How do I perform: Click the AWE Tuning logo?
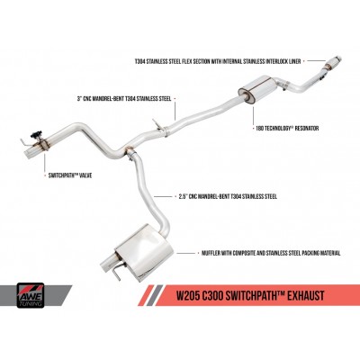point(31,295)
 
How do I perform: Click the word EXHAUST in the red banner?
point(304,295)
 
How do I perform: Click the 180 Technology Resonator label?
point(285,129)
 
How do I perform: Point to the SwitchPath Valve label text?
point(70,175)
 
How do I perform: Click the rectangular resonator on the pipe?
point(257,86)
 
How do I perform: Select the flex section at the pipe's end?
point(333,63)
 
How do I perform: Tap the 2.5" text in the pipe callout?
point(179,197)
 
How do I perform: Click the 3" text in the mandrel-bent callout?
point(79,99)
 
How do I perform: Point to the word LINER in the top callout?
point(293,61)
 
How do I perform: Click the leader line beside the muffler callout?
point(185,254)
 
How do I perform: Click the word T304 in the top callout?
point(140,61)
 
